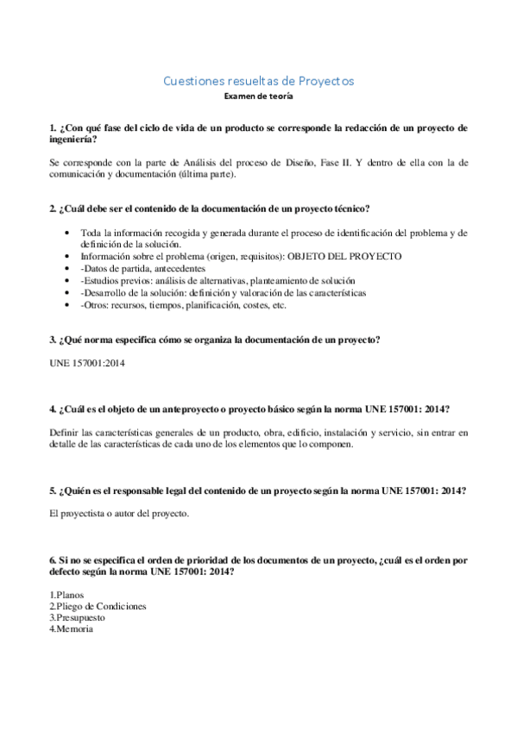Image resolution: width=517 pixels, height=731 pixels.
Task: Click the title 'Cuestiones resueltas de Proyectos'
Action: pyautogui.click(x=258, y=81)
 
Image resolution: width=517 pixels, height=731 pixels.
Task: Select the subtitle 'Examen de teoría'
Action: pyautogui.click(x=258, y=97)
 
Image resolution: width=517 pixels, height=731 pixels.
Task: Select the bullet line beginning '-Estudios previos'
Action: pyautogui.click(x=217, y=281)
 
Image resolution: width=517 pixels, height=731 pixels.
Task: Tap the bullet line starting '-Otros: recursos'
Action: pyautogui.click(x=183, y=305)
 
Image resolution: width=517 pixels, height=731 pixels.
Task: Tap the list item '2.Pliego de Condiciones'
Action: pyautogui.click(x=98, y=606)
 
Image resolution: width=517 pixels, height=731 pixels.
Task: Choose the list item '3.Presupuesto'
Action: pyautogui.click(x=78, y=617)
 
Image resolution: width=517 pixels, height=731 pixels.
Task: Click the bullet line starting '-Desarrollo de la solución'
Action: pyautogui.click(x=223, y=293)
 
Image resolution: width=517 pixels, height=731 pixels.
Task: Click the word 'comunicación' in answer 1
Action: pyautogui.click(x=79, y=173)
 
